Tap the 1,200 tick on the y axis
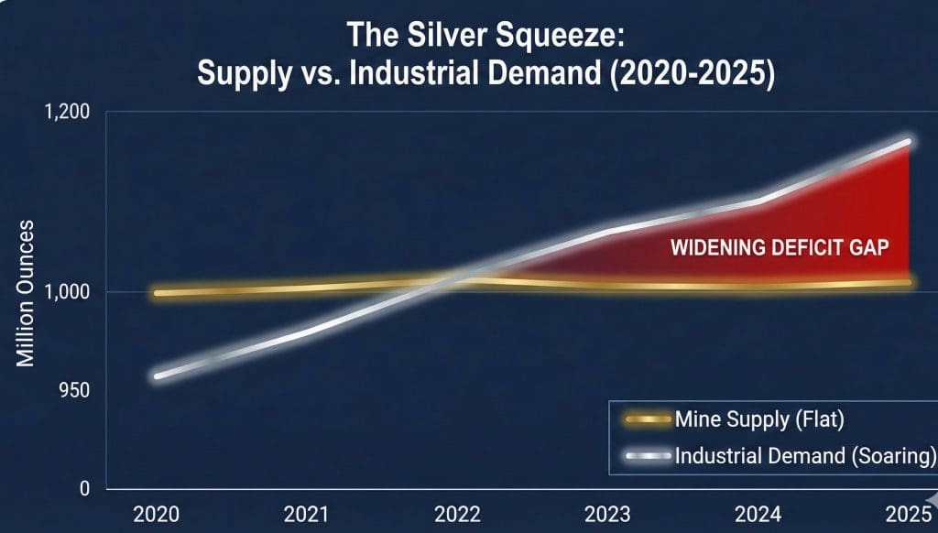[66, 113]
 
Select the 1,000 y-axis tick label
[66, 293]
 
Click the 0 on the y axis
[84, 489]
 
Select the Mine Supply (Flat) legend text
[758, 420]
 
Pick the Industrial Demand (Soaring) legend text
[804, 455]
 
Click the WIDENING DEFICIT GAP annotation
[780, 248]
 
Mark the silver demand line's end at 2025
[908, 142]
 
